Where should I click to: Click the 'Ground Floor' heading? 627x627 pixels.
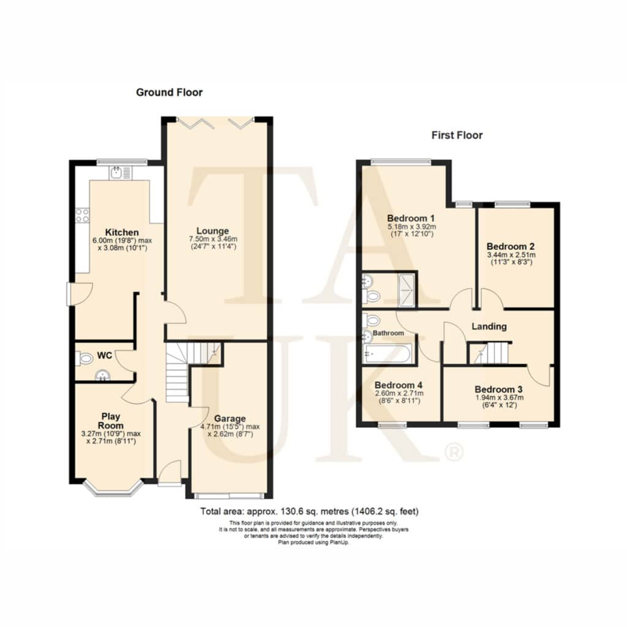click(169, 92)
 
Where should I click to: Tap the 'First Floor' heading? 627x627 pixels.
click(457, 135)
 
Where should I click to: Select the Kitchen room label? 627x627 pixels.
click(122, 232)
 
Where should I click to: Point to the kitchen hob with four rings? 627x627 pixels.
click(83, 215)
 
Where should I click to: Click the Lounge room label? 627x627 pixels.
click(212, 231)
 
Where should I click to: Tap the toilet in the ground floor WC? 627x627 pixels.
click(84, 358)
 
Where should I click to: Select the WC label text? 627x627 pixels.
click(104, 356)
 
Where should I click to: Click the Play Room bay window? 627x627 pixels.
click(113, 489)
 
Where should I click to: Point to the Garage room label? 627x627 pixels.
click(230, 419)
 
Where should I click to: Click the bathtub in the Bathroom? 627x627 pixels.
click(387, 355)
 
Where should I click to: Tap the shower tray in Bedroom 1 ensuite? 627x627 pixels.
click(407, 290)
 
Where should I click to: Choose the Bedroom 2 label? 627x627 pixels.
click(511, 246)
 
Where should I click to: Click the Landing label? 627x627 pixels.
click(489, 327)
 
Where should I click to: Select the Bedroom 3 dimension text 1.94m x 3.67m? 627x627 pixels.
click(499, 397)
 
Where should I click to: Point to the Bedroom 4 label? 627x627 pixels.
click(398, 385)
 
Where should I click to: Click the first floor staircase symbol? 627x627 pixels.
click(489, 353)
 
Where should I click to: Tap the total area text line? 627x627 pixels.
click(309, 511)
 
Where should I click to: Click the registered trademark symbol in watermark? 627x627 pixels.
click(454, 452)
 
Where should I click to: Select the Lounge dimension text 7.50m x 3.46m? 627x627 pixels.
click(213, 239)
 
